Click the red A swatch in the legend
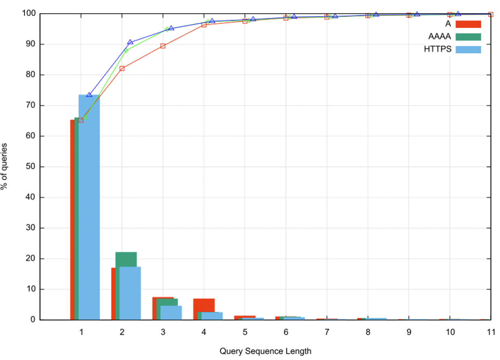coord(468,24)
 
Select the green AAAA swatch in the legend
coord(468,37)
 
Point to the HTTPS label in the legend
coord(437,49)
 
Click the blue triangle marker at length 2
coord(130,42)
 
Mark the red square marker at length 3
coord(163,46)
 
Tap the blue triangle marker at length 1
coord(89,95)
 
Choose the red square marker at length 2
coord(122,68)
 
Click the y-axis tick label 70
coord(32,106)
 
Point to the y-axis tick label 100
coord(30,14)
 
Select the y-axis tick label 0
coord(34,320)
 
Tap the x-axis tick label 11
coord(490,332)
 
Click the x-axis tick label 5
coord(245,332)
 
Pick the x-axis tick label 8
coord(368,332)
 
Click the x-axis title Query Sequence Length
coord(266,351)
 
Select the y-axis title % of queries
coord(5,166)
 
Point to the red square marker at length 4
coord(204,25)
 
